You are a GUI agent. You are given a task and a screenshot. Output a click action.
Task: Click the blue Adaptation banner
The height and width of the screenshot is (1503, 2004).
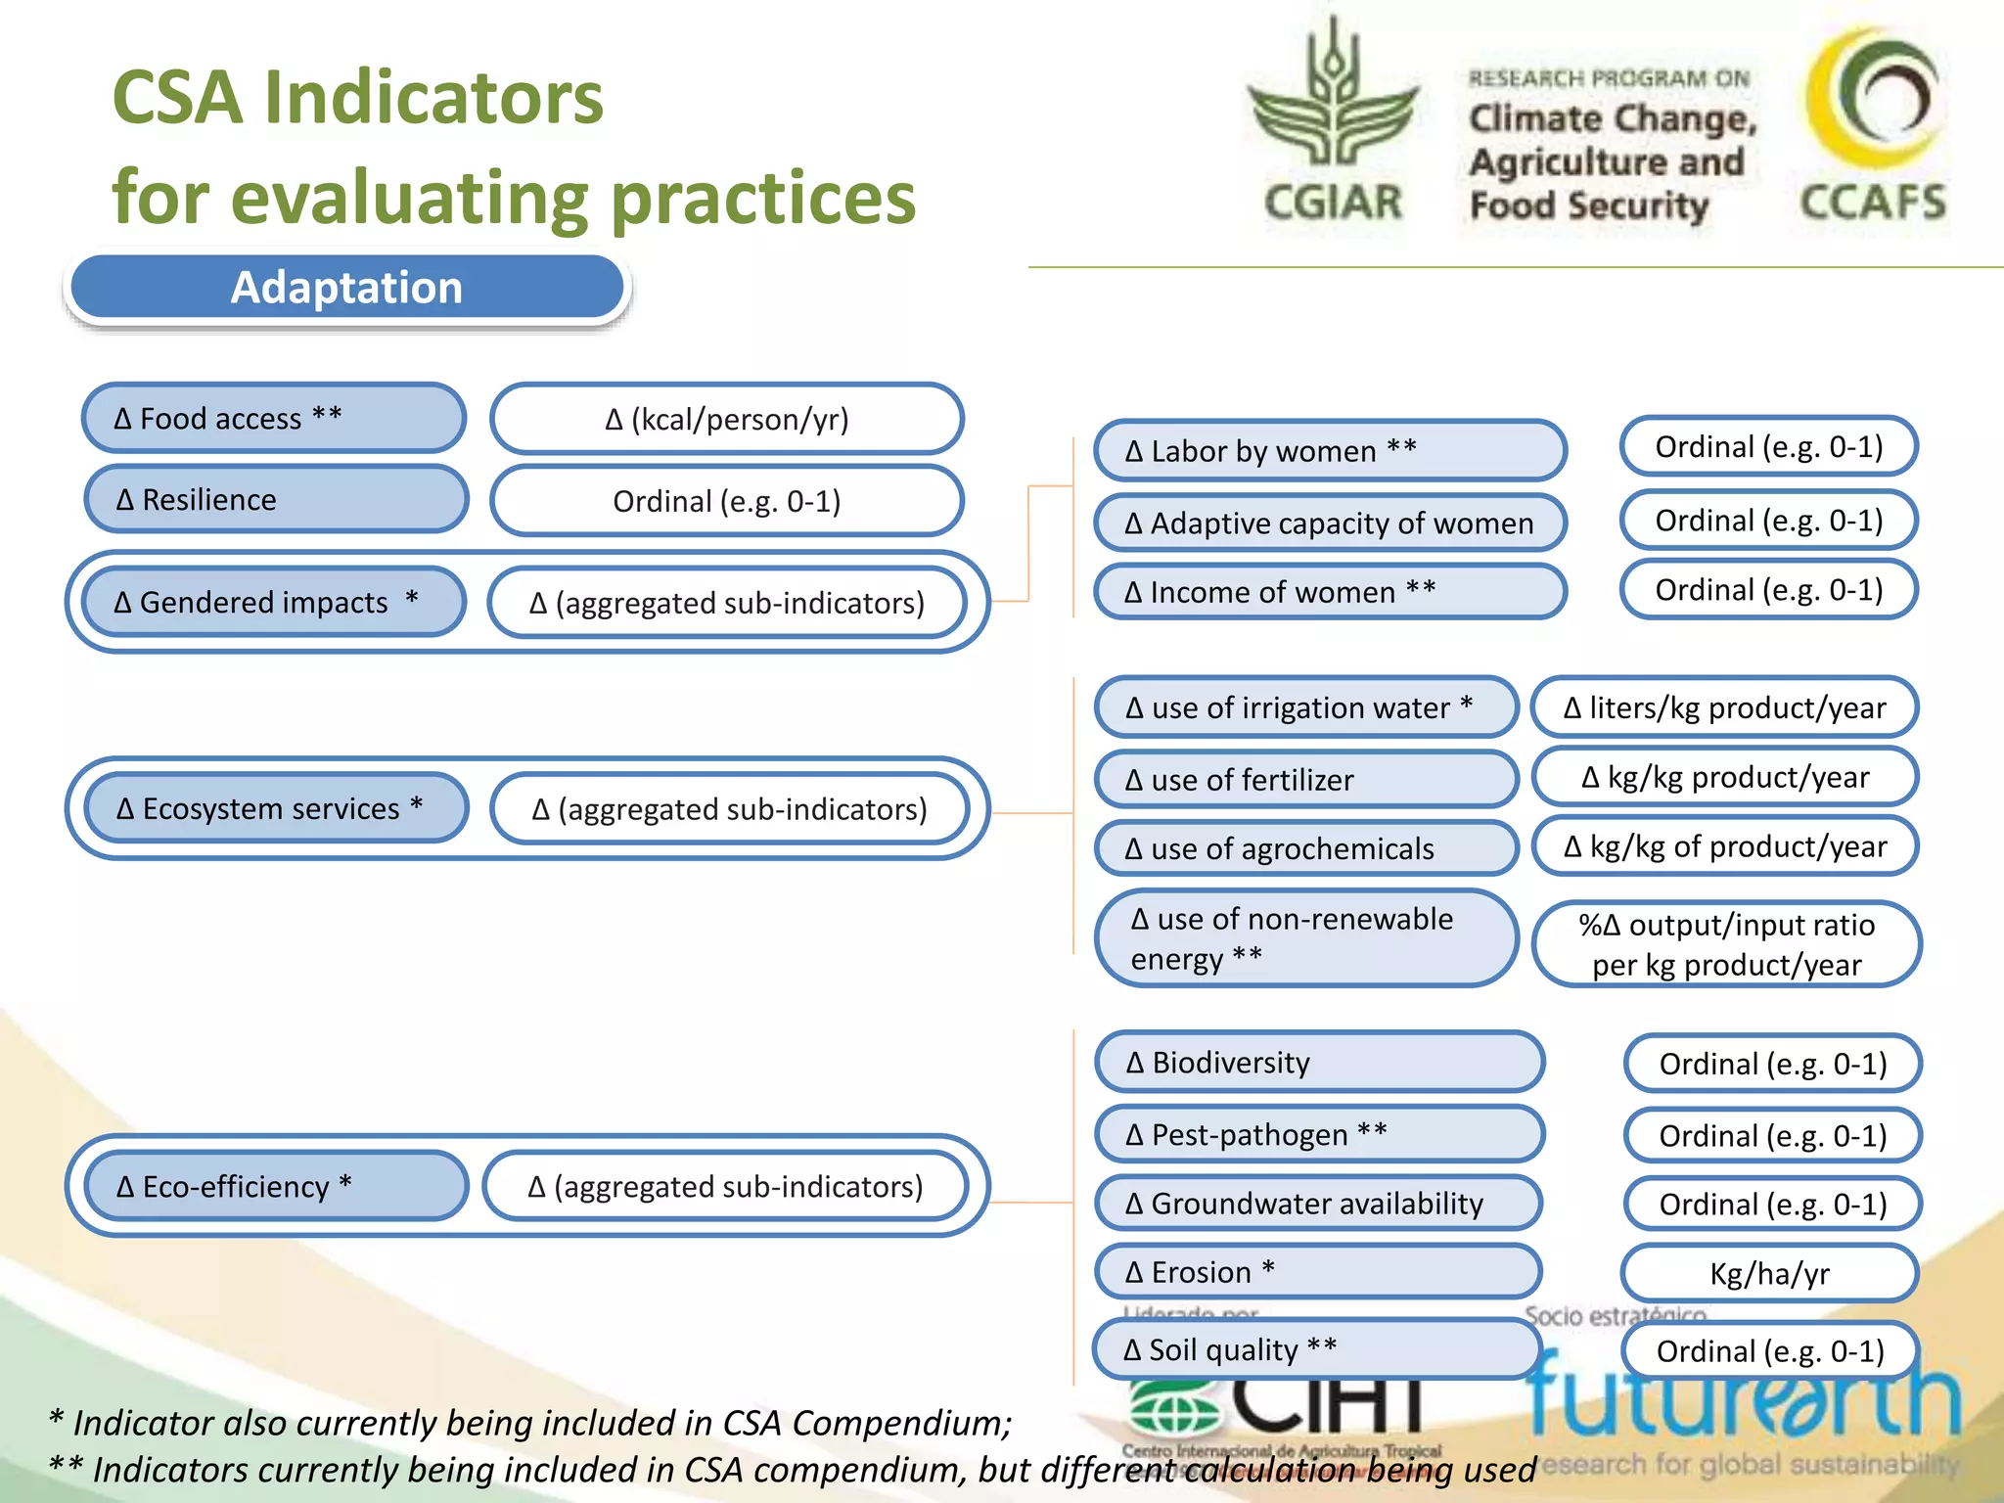(x=347, y=288)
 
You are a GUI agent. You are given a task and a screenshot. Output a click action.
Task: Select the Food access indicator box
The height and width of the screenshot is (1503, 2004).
(x=274, y=419)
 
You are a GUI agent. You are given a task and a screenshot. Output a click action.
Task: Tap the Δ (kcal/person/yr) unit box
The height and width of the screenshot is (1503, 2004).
(x=726, y=420)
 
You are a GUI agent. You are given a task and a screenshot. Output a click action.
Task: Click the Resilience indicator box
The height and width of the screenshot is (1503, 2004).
(x=276, y=500)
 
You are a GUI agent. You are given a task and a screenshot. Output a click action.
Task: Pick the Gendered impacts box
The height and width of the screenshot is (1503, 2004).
(x=274, y=602)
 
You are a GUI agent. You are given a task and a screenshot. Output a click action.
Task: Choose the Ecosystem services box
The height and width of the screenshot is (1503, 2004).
(x=276, y=808)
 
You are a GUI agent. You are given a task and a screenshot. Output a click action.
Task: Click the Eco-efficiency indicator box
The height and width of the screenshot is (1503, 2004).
(x=276, y=1186)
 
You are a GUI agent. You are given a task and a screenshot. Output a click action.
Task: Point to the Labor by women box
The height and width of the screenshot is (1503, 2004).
(x=1329, y=451)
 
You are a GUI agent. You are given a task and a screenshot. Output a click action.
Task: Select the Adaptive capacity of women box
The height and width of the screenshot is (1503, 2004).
(x=1329, y=524)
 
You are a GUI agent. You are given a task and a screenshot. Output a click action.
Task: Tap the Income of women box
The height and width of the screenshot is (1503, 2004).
(x=1329, y=592)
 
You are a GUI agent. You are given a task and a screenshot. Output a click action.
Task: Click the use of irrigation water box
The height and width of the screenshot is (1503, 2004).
(x=1305, y=707)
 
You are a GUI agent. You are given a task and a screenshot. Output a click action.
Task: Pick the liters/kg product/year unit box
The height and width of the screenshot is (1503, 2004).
(x=1724, y=707)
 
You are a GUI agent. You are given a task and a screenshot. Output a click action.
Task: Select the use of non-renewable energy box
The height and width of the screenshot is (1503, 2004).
(x=1305, y=938)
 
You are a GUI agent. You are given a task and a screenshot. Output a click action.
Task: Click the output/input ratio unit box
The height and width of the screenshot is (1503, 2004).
(x=1726, y=944)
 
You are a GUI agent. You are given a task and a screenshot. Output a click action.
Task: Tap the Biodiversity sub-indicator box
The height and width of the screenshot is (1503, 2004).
(x=1317, y=1062)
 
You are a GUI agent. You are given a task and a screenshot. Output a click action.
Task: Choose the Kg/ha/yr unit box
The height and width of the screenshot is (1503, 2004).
(x=1769, y=1273)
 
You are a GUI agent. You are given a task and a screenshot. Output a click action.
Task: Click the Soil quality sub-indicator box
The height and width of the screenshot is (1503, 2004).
(x=1315, y=1349)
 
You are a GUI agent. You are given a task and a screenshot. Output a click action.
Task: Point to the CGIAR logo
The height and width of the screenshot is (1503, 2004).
(x=1333, y=122)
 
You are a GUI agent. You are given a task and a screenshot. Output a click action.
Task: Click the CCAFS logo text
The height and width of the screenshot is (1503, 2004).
(x=1873, y=202)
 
